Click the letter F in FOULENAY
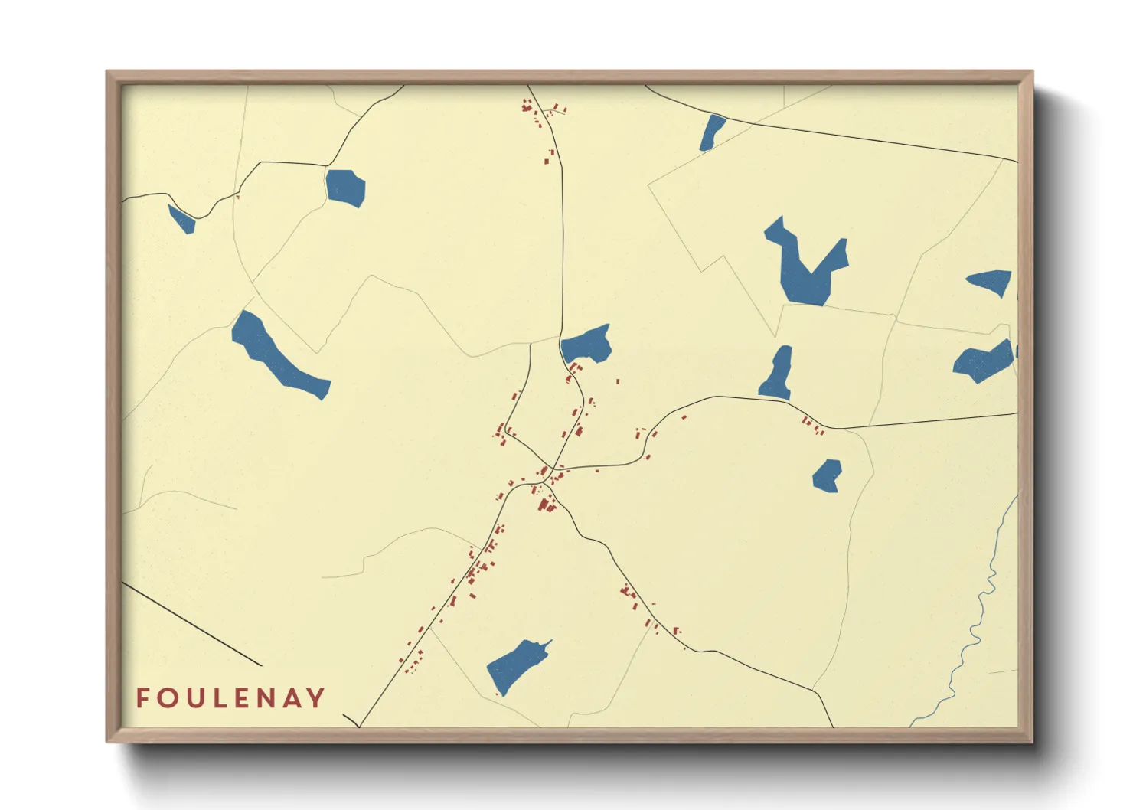click(142, 697)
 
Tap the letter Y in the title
click(315, 697)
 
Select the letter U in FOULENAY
click(195, 697)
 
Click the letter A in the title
click(291, 697)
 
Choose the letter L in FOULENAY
click(220, 697)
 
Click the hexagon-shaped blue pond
click(345, 188)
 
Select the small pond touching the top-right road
click(712, 132)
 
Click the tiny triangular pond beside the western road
click(183, 220)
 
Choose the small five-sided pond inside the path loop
click(827, 475)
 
